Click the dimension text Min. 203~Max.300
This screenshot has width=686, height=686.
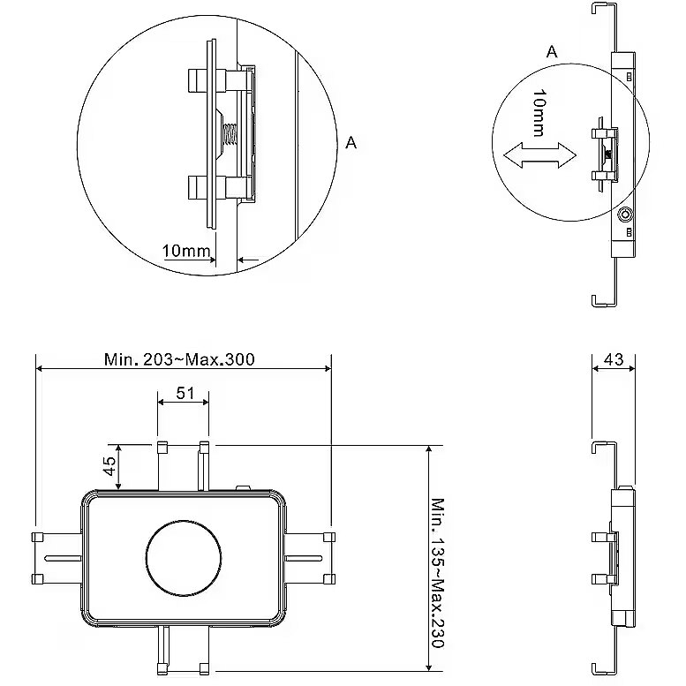tap(179, 358)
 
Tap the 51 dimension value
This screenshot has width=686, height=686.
tap(185, 394)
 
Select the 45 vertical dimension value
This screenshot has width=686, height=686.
tap(109, 464)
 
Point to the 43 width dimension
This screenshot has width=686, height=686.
tap(613, 359)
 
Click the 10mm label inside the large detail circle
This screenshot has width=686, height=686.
tap(186, 251)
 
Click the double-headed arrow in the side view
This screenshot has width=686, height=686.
tap(539, 155)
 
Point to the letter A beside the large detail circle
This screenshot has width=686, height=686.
tap(351, 142)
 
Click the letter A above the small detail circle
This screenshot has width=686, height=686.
tap(552, 52)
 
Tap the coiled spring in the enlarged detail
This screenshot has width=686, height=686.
tap(227, 136)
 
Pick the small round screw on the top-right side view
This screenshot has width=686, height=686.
tap(626, 214)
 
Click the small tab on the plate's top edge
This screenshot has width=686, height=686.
tap(245, 487)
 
